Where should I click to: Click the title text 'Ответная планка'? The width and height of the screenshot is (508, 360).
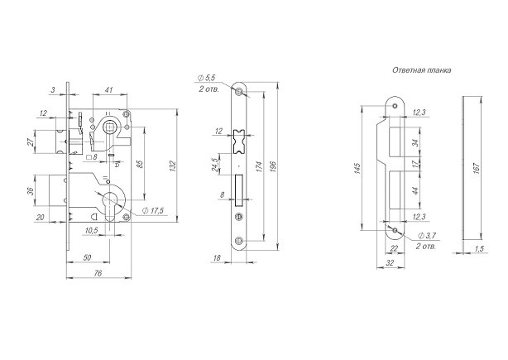tap(421, 70)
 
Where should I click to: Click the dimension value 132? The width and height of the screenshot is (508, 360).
tap(173, 166)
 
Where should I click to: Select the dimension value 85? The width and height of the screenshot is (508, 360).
tap(140, 163)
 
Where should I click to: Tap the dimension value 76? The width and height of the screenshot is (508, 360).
tap(98, 273)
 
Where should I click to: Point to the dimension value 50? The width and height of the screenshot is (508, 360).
tap(87, 257)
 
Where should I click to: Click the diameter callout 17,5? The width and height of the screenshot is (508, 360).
tap(154, 211)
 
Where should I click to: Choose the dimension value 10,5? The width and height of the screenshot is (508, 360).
tap(92, 231)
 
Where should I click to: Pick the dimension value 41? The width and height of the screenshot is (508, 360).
tap(109, 89)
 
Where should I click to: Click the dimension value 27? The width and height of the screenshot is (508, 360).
tap(30, 142)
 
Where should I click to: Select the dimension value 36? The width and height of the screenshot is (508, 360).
tap(30, 191)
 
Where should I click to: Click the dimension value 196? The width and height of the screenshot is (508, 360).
tap(273, 166)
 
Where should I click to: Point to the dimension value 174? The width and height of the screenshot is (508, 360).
tap(259, 166)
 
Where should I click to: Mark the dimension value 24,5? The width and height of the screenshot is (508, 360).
tap(214, 165)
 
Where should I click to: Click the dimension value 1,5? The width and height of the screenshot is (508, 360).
tap(479, 249)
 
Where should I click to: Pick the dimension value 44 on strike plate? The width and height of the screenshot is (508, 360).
tap(416, 190)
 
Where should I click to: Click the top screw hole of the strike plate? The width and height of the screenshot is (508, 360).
tap(395, 106)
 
